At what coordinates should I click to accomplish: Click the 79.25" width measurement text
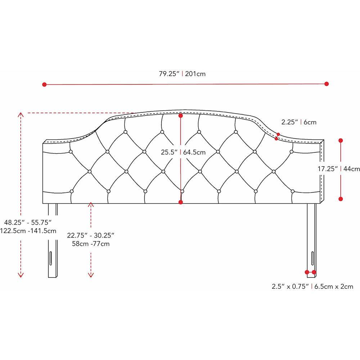(x=169, y=74)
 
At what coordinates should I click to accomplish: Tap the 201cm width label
(x=195, y=74)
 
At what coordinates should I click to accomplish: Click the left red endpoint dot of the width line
(x=45, y=85)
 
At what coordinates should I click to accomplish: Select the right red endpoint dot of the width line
(x=327, y=84)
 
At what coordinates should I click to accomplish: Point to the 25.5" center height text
(x=169, y=152)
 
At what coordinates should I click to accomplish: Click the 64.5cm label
(x=194, y=152)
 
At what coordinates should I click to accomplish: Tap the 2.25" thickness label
(x=290, y=122)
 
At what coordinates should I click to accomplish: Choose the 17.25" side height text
(x=328, y=169)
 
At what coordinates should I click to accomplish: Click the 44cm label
(x=351, y=169)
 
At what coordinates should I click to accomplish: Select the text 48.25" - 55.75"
(x=28, y=222)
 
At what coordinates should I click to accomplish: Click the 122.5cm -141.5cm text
(x=28, y=231)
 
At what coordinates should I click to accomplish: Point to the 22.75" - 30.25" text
(x=91, y=235)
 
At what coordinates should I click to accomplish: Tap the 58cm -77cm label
(x=91, y=244)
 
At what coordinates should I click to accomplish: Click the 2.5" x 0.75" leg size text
(x=290, y=287)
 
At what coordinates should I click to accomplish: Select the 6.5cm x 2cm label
(x=334, y=287)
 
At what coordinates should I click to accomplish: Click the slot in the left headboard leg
(x=50, y=258)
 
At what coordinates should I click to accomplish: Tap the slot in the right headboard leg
(x=312, y=258)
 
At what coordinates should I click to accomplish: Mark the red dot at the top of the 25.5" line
(x=181, y=116)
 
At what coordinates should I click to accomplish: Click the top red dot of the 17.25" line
(x=341, y=140)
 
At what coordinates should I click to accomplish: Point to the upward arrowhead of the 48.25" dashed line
(x=21, y=114)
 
